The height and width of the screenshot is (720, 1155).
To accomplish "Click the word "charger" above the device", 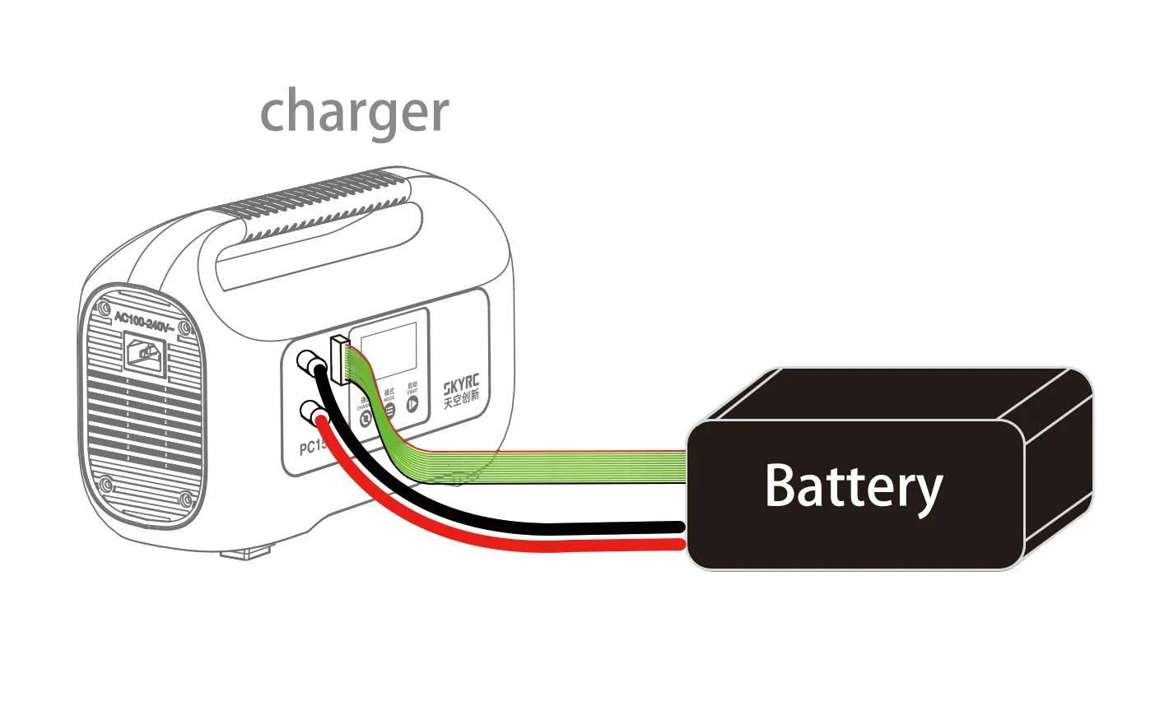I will tap(354, 112).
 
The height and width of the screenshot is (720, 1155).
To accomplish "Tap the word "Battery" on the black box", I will tap(853, 486).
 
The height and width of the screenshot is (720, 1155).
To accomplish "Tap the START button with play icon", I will tap(412, 402).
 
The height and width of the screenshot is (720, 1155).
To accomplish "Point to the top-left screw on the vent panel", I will tap(104, 310).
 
